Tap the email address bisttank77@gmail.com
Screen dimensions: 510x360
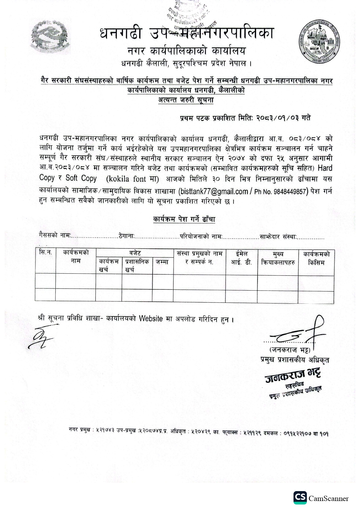pos(214,191)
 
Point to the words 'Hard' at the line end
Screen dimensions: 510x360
pos(325,168)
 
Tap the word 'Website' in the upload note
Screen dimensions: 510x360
pos(151,318)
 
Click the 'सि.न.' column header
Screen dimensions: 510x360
pos(45,253)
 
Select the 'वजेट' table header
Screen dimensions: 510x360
pos(135,253)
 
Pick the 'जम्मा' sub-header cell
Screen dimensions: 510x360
pos(162,262)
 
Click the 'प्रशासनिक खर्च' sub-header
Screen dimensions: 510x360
pos(137,265)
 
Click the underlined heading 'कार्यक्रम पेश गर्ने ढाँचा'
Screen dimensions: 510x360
pos(184,219)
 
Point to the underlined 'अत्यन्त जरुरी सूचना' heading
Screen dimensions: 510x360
pos(186,100)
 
